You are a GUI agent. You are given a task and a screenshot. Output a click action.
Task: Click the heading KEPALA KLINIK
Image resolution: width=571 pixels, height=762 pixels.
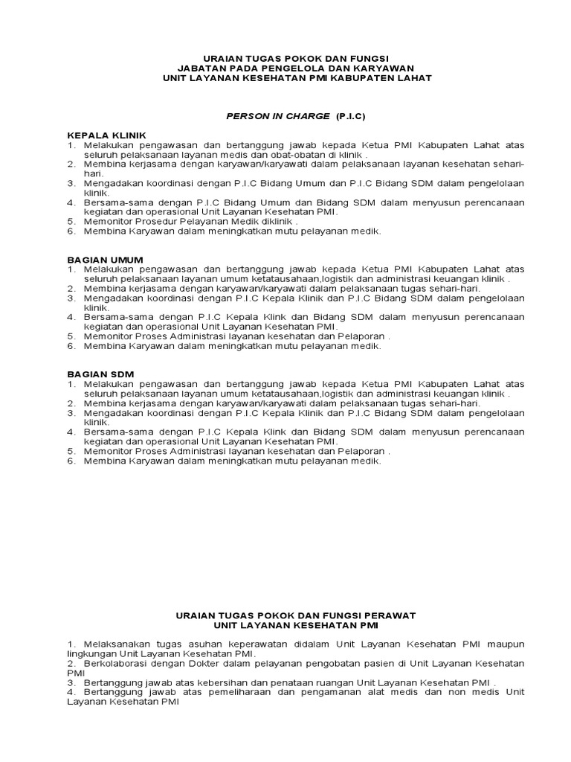[x=103, y=135]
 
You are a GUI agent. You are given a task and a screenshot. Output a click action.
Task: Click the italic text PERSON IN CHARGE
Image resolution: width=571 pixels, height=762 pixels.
[x=278, y=117]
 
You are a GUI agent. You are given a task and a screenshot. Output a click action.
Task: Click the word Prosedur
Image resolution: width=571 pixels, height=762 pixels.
[x=154, y=221]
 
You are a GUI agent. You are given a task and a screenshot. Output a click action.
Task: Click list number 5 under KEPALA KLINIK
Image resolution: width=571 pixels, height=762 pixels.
[x=71, y=221]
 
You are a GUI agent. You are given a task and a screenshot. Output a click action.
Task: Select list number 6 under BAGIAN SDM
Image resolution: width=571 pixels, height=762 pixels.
[x=71, y=461]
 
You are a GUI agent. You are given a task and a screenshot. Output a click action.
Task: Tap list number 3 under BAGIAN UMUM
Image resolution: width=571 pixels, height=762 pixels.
[x=71, y=298]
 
